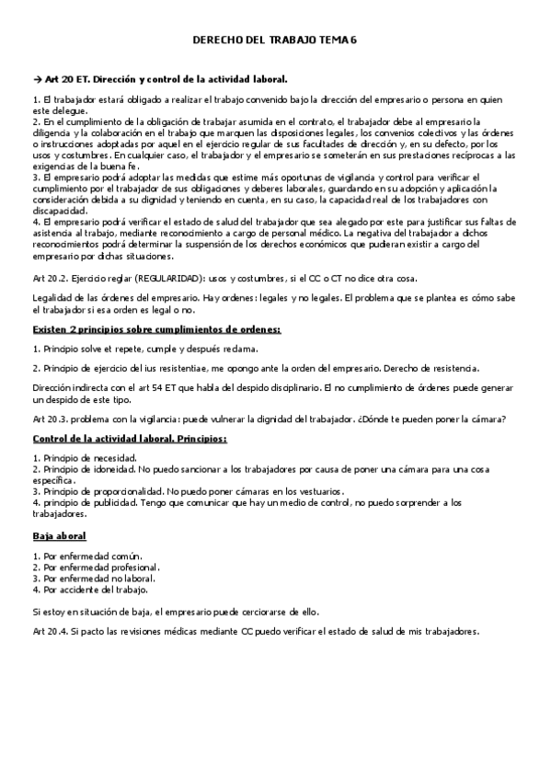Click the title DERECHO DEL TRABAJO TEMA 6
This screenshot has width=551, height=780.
pyautogui.click(x=274, y=41)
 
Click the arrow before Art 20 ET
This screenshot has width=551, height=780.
pyautogui.click(x=37, y=79)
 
